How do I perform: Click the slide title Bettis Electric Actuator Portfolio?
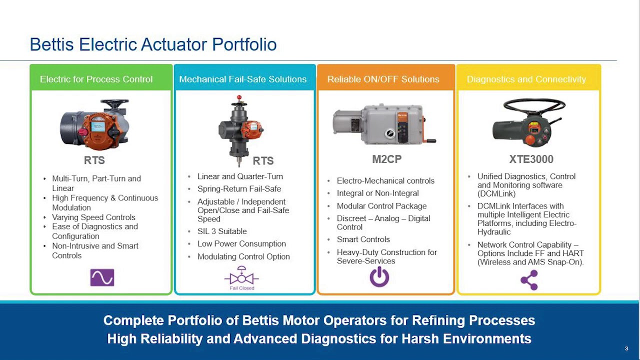tap(153, 44)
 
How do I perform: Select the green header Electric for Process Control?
tap(96, 79)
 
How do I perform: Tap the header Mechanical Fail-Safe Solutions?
tap(242, 79)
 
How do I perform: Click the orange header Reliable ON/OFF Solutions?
tap(383, 79)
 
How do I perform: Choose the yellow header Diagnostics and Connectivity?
tap(526, 79)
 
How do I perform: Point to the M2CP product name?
tap(386, 159)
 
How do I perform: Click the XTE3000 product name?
tap(531, 159)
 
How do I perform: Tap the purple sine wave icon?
tap(102, 277)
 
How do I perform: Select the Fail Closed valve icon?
tap(241, 277)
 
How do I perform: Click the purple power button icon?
tap(379, 276)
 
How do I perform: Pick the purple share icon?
tap(529, 280)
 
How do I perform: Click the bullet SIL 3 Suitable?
tap(221, 231)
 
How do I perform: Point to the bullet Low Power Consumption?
tap(241, 243)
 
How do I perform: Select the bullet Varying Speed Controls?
tap(93, 217)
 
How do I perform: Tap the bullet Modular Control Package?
tap(381, 205)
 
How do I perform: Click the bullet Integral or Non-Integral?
tap(377, 193)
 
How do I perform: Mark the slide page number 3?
tap(626, 348)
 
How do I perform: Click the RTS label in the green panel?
tap(94, 160)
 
